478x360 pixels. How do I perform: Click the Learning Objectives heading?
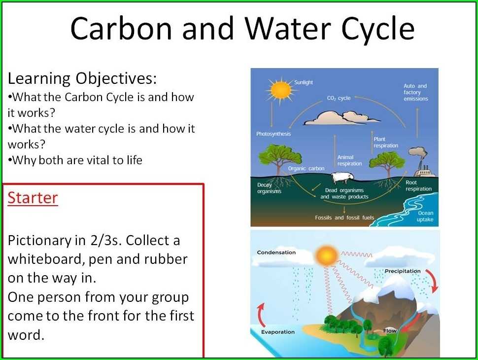tap(82, 78)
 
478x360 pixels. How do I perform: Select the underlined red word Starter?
tap(33, 198)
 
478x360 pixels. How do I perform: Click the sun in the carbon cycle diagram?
tap(281, 90)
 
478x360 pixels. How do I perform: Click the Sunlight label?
tap(304, 82)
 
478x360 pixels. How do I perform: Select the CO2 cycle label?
tap(339, 98)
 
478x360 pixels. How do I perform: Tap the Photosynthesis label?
tap(273, 134)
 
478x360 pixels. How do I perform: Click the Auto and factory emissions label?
tap(415, 92)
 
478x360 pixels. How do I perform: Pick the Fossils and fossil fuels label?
tap(344, 217)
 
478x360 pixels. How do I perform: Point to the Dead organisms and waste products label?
tap(344, 193)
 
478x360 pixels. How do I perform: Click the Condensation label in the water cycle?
tap(276, 252)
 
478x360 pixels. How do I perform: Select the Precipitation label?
tap(402, 271)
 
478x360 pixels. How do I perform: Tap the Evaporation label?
tap(277, 332)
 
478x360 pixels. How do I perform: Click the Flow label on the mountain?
tap(390, 330)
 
